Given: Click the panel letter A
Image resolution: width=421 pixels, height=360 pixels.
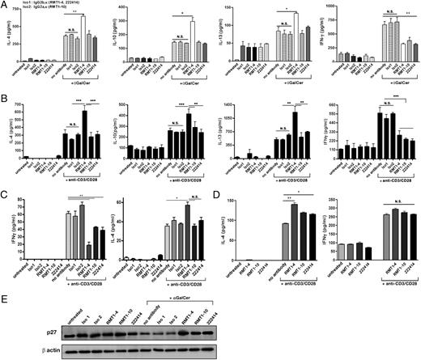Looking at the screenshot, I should [x=6, y=5].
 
